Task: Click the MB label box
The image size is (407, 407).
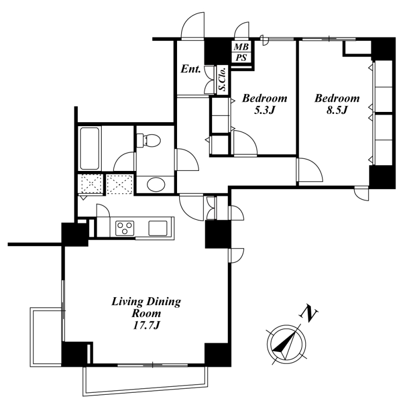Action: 241,47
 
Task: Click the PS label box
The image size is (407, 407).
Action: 241,57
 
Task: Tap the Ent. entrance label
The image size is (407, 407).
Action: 191,69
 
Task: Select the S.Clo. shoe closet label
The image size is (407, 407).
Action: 223,80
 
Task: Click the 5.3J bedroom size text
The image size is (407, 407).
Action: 264,111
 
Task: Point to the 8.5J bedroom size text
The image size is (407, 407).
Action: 337,111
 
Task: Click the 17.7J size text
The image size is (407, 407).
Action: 146,325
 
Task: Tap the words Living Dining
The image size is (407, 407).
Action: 146,302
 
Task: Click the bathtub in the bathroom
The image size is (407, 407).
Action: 90,149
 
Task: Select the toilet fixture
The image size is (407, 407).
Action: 148,140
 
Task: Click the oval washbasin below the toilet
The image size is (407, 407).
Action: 156,185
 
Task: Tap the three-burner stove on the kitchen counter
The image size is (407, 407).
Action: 125,228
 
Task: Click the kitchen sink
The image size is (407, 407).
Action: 158,228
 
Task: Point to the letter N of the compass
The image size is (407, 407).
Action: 308,313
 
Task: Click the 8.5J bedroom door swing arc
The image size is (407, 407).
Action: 310,170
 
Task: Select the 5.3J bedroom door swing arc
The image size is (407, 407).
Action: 245,143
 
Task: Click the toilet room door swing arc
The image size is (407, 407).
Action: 187,160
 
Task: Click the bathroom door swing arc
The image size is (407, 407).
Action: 125,161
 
